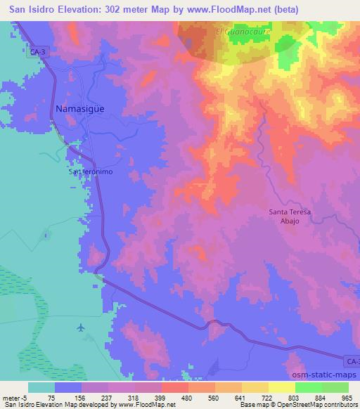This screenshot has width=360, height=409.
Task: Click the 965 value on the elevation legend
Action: click(346, 398)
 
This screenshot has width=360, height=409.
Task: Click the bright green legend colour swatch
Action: click(307, 387)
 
